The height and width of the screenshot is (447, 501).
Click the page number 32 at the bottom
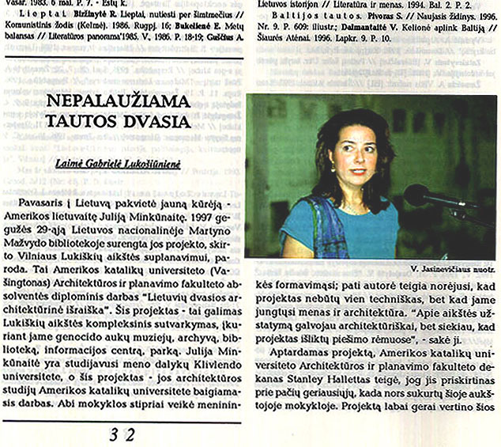coord(122,434)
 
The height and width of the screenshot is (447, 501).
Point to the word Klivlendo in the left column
coord(179,366)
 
